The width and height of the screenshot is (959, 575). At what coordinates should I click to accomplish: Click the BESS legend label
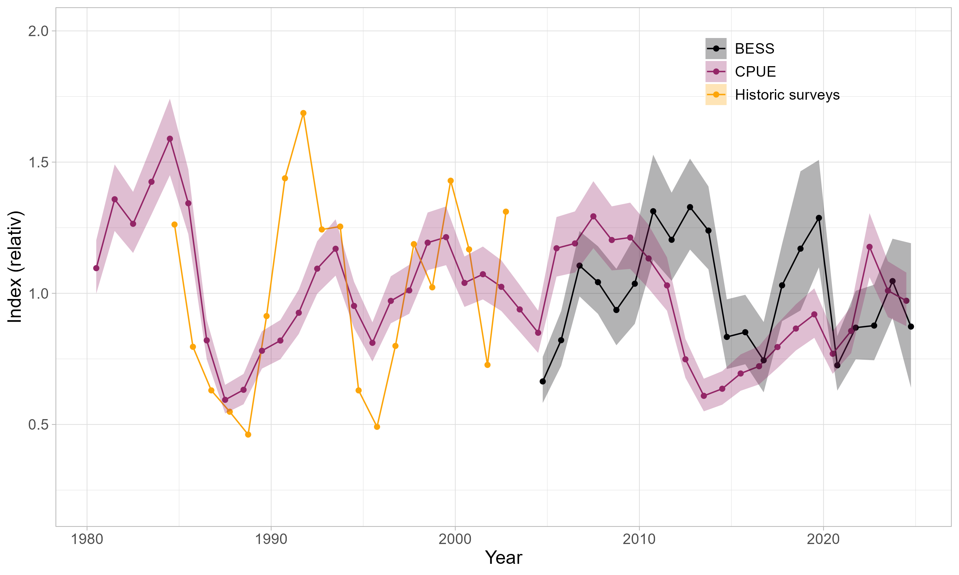pyautogui.click(x=754, y=49)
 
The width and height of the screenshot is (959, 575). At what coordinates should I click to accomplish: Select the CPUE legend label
pyautogui.click(x=755, y=72)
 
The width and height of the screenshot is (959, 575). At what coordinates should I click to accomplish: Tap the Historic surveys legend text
pyautogui.click(x=787, y=95)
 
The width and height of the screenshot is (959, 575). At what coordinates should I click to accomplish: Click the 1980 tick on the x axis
pyautogui.click(x=87, y=539)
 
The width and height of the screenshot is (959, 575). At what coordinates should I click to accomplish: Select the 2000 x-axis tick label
pyautogui.click(x=455, y=539)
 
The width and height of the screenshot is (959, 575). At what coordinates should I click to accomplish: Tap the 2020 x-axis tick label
pyautogui.click(x=823, y=539)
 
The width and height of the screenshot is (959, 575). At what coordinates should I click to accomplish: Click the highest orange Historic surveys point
pyautogui.click(x=303, y=113)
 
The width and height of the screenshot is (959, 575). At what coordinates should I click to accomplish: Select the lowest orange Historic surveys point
pyautogui.click(x=248, y=435)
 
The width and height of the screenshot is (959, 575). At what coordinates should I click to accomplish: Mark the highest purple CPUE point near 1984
pyautogui.click(x=170, y=139)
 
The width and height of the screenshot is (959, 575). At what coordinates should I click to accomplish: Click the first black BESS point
pyautogui.click(x=543, y=382)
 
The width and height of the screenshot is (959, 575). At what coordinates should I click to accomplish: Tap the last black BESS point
pyautogui.click(x=911, y=327)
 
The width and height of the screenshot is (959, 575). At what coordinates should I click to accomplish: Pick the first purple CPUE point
pyautogui.click(x=96, y=268)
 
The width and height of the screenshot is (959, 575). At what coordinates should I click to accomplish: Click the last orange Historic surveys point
pyautogui.click(x=506, y=211)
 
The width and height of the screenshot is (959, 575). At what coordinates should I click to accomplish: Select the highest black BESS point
pyautogui.click(x=690, y=207)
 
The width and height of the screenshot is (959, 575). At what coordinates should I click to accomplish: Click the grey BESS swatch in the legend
pyautogui.click(x=715, y=49)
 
